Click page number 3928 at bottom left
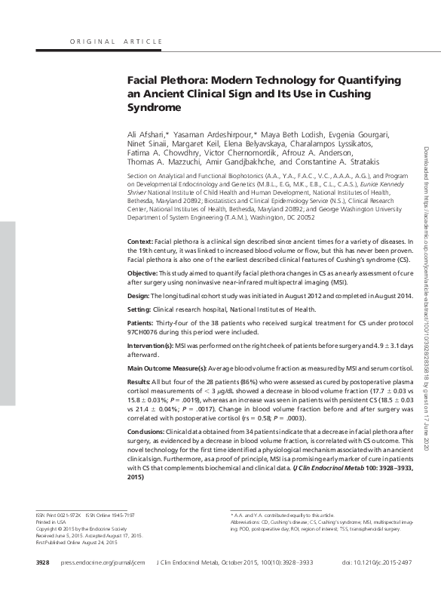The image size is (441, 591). (x=42, y=563)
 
